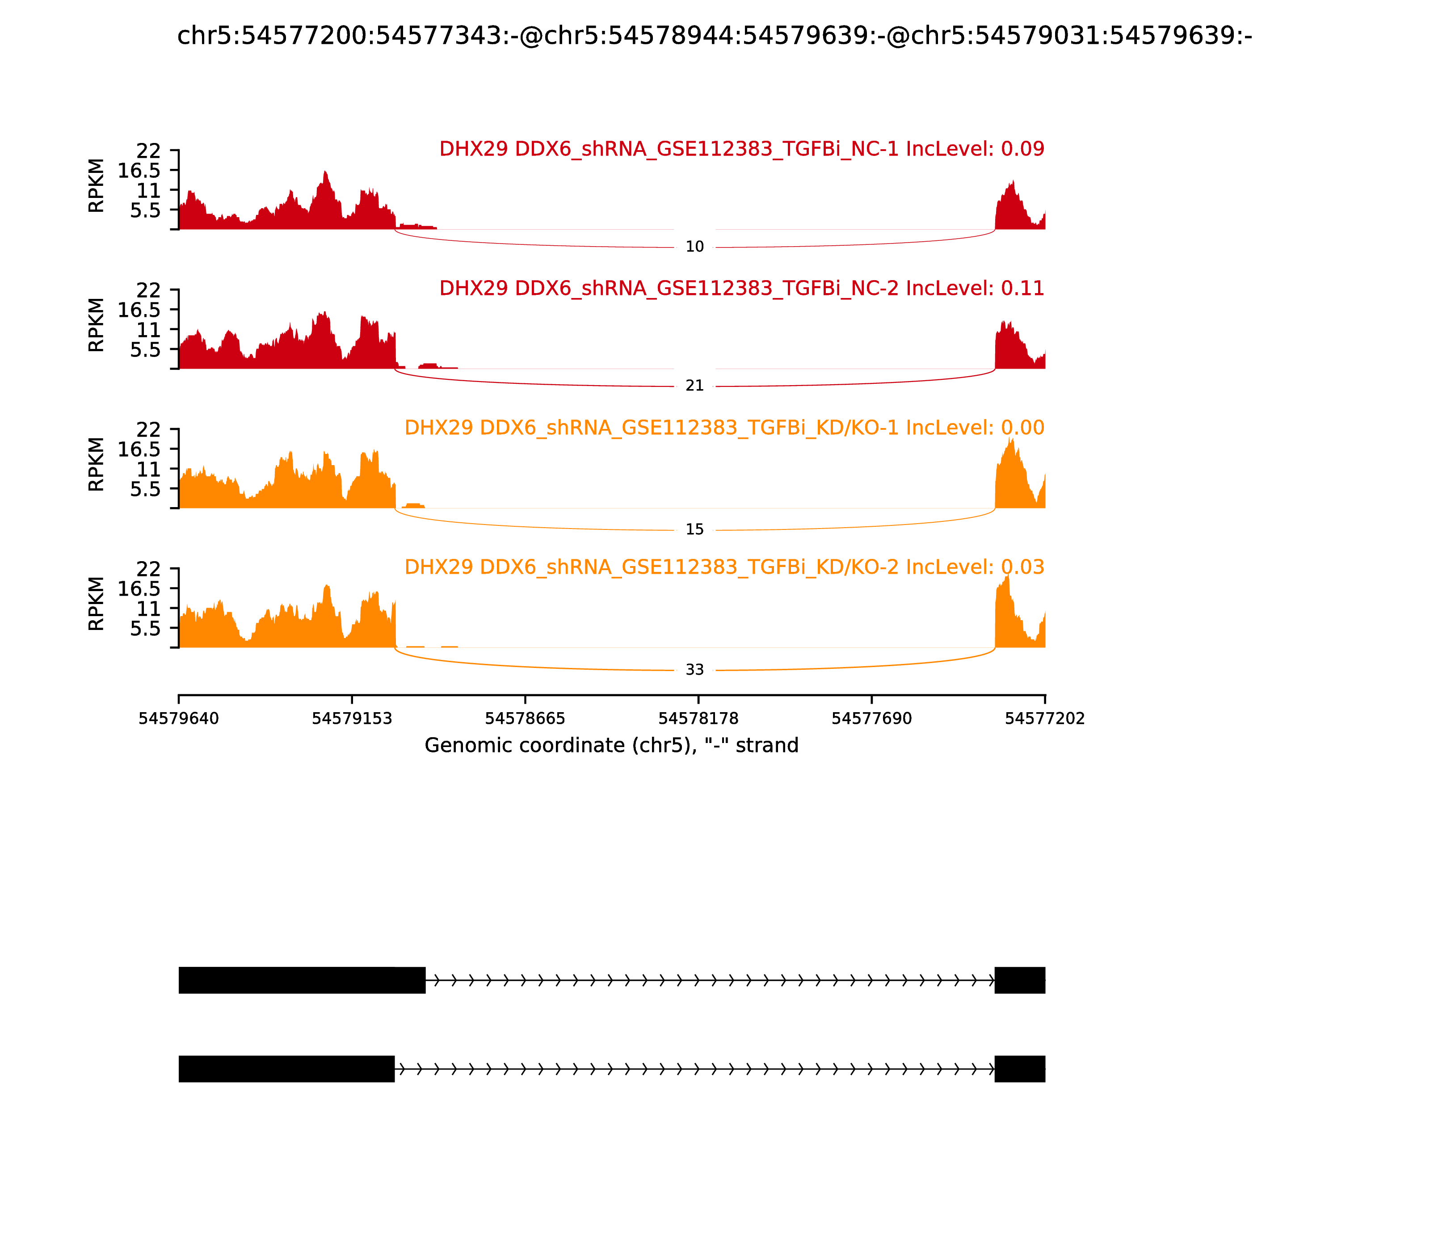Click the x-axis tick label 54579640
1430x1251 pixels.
point(179,718)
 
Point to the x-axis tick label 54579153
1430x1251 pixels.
point(352,718)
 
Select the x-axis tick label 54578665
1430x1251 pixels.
point(525,718)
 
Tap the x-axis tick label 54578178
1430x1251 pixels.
point(698,718)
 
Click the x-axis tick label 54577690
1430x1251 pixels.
point(871,718)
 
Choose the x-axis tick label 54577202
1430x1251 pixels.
point(1045,718)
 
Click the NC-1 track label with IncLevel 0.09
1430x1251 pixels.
point(741,149)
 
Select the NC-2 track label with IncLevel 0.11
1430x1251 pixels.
point(741,288)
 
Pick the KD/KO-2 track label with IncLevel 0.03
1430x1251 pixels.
point(724,567)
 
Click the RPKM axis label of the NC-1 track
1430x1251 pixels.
point(97,186)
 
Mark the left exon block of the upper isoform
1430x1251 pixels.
point(302,980)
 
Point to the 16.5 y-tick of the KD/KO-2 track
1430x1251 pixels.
point(139,588)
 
